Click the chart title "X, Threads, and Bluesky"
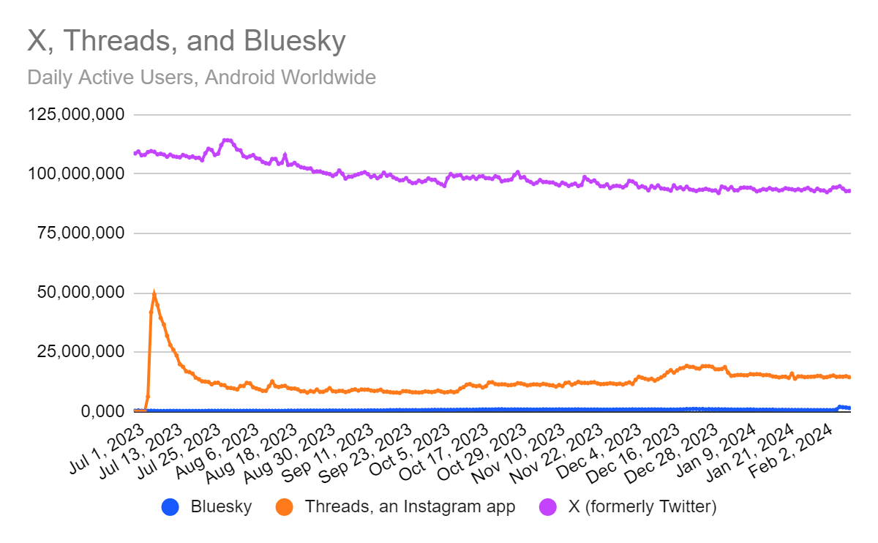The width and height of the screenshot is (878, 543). coord(186,42)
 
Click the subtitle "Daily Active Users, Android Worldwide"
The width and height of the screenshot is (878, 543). coord(201,77)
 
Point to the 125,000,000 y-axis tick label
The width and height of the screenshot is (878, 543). coord(77,115)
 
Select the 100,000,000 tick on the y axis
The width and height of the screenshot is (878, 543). coord(77,174)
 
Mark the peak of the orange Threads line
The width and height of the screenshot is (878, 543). coord(154,293)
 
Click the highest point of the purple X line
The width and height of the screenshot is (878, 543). coord(226,140)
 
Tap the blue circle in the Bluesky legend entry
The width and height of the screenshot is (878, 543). coord(170,506)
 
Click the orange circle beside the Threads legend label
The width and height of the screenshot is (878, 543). coord(285,506)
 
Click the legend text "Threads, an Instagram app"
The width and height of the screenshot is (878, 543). coord(410,506)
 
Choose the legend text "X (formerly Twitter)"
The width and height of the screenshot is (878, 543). coord(642,506)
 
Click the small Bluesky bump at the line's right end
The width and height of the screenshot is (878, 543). coord(841,407)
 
